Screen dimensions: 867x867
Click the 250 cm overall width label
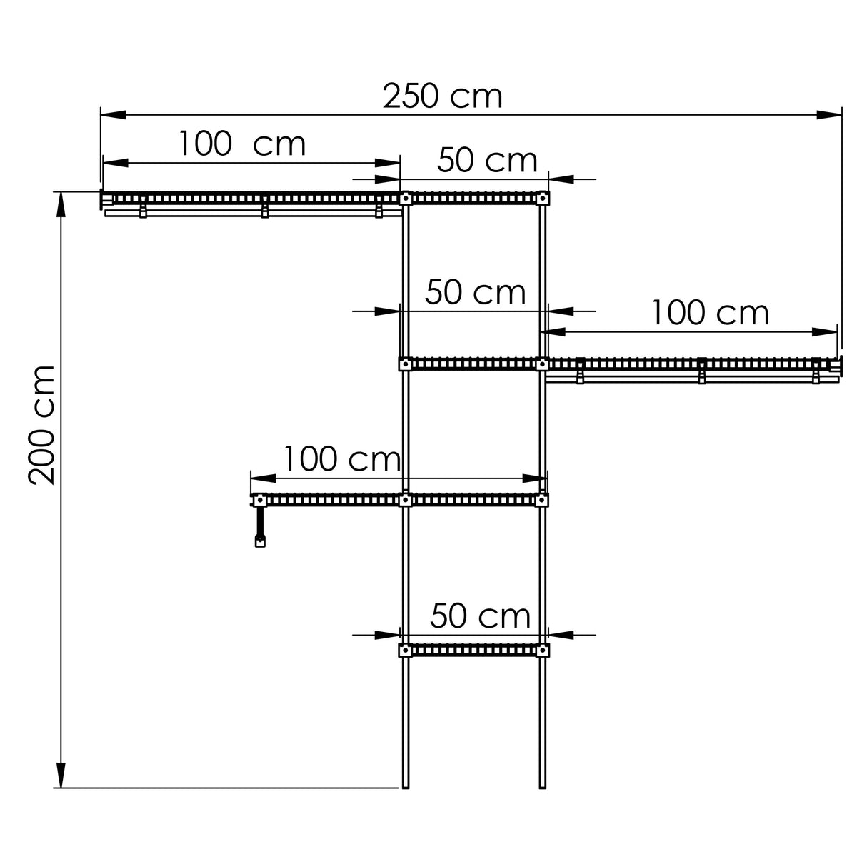442,96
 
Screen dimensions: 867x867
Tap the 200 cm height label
43,424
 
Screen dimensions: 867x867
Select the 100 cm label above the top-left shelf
241,144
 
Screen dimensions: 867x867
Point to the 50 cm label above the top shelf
487,161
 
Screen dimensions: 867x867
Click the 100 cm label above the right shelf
710,313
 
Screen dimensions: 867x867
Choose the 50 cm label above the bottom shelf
481,616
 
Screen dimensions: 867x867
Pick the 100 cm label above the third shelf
342,459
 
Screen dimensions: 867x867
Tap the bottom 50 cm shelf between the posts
473,650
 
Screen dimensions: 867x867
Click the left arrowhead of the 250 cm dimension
113,114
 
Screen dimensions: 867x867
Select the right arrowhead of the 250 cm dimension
828,114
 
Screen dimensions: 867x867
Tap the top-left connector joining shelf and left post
405,198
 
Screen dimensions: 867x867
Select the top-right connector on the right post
543,198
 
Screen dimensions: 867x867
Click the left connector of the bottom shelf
405,650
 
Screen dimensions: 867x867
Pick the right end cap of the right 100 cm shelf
838,366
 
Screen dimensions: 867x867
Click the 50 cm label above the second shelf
476,293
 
